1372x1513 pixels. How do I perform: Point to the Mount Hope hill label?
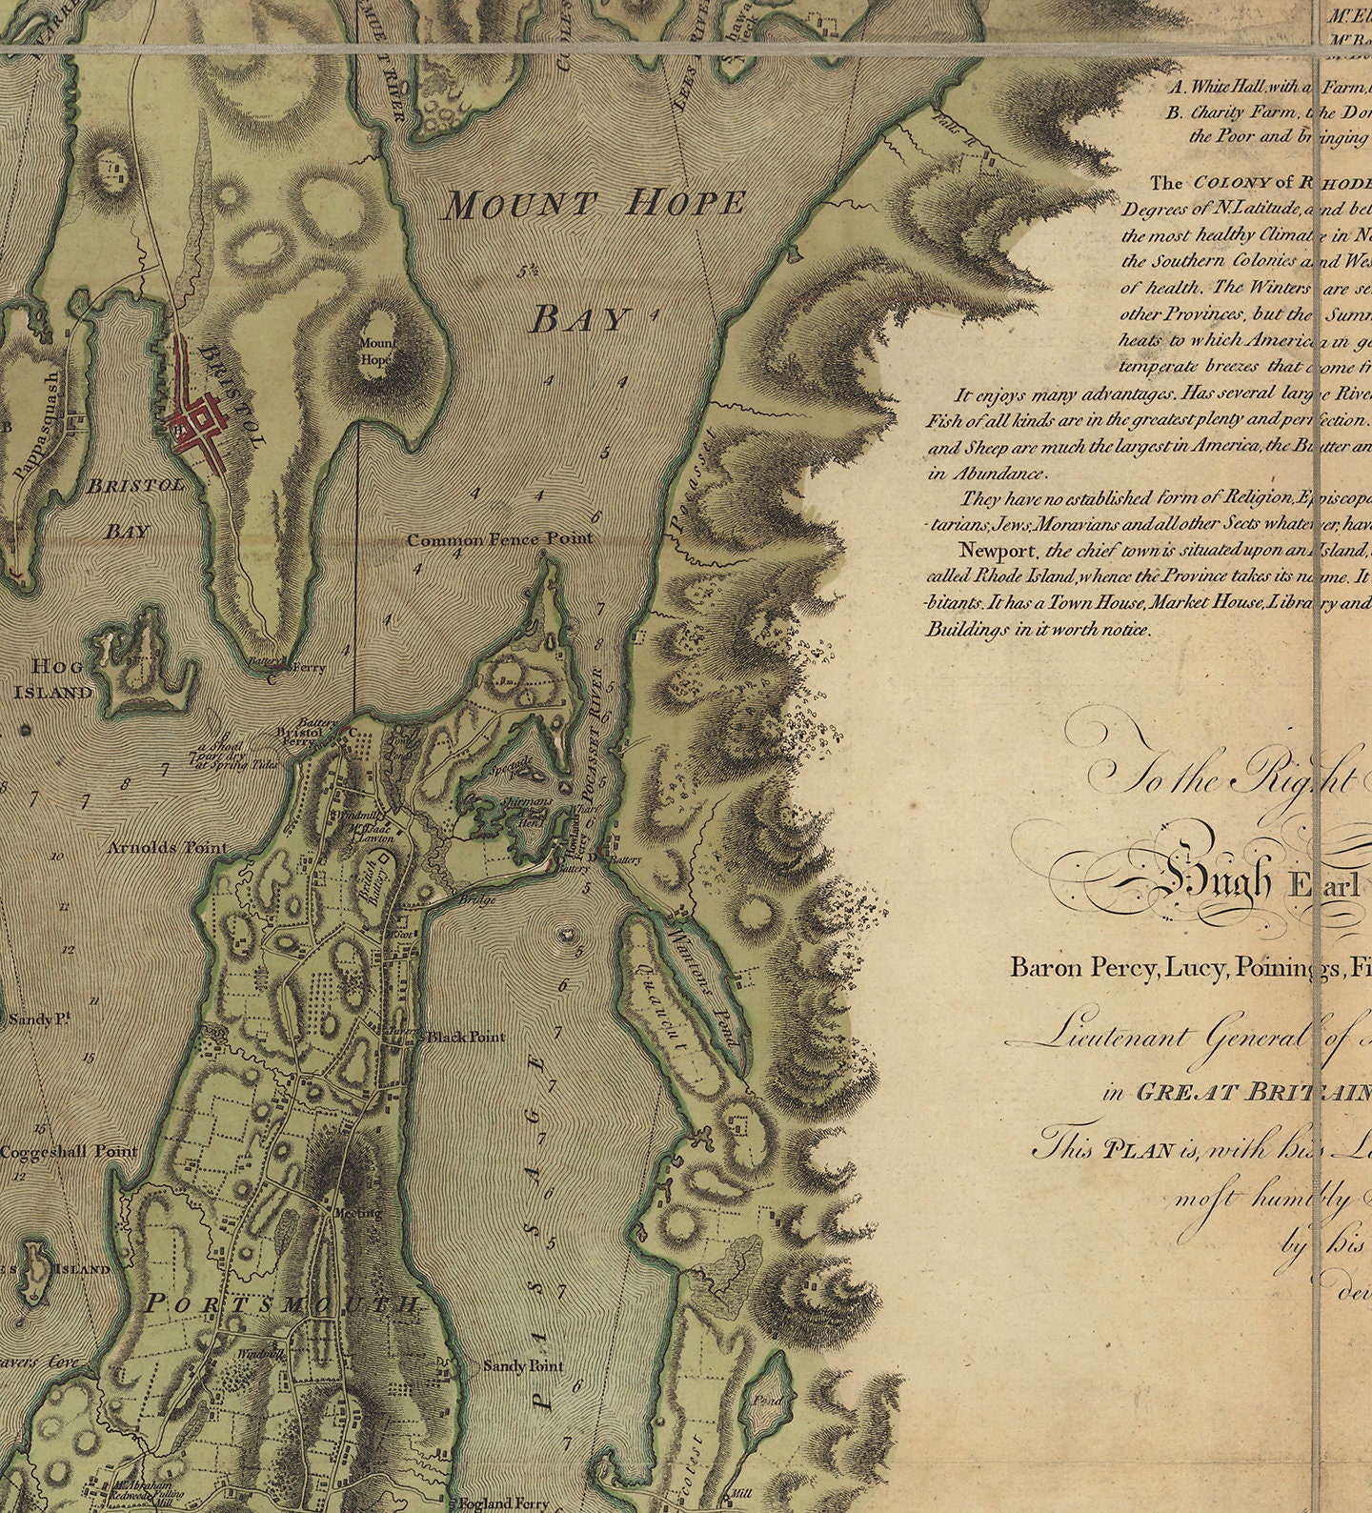coord(376,352)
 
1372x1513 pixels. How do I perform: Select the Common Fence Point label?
coord(499,539)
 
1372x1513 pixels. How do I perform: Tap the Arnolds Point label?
coord(168,847)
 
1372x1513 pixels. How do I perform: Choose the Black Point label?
coord(465,1037)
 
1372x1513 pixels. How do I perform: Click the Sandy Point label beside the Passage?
coord(523,1366)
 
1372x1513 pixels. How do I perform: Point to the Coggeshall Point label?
coord(69,1152)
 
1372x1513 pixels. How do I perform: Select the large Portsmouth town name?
coord(282,1304)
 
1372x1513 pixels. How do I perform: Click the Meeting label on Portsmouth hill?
coord(357,1213)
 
